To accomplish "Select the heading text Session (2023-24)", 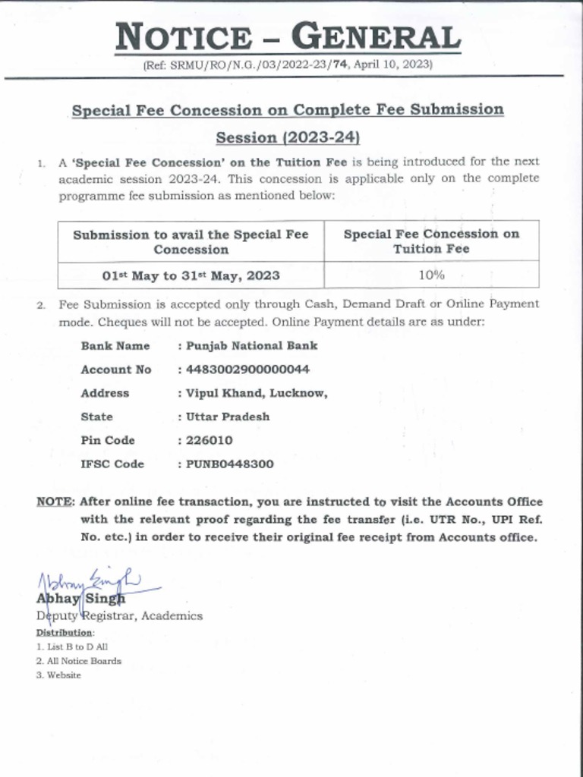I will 287,138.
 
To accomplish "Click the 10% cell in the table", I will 431,275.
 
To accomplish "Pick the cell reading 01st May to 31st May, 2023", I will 191,275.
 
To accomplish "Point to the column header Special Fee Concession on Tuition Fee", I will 431,241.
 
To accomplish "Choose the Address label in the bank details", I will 105,393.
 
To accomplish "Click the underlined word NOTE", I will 55,502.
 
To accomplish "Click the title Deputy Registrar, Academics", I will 119,616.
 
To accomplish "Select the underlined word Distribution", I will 65,632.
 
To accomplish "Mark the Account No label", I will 115,370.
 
